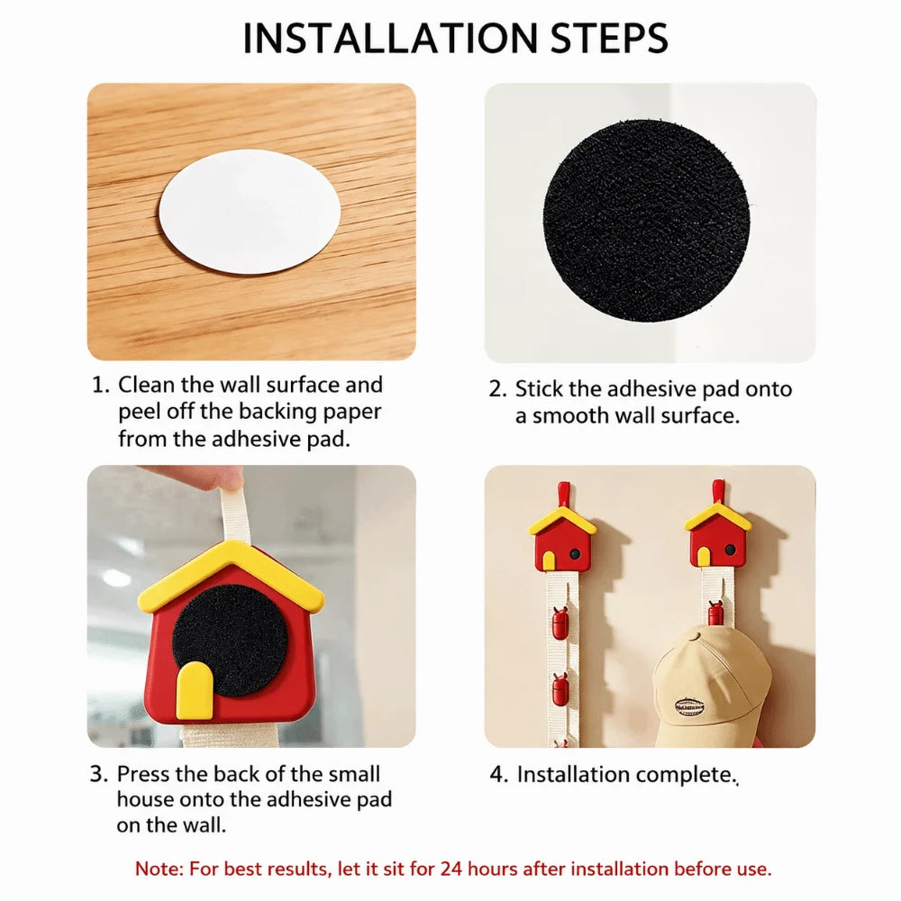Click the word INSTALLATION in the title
point(392,39)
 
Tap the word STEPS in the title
point(610,39)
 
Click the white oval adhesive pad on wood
point(250,212)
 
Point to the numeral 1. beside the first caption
point(101,385)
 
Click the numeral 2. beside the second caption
point(497,389)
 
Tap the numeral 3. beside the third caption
point(99,774)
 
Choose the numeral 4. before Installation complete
point(499,775)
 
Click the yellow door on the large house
point(195,690)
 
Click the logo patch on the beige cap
point(689,705)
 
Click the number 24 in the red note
point(451,869)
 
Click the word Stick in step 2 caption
point(539,389)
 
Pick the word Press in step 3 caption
point(143,774)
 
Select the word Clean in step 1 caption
point(147,385)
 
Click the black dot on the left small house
point(575,553)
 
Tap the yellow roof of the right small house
point(718,516)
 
